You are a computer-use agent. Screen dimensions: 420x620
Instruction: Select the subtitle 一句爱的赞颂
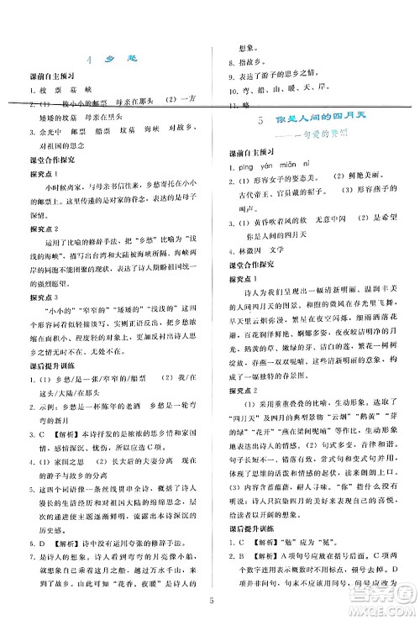(x=322, y=136)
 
